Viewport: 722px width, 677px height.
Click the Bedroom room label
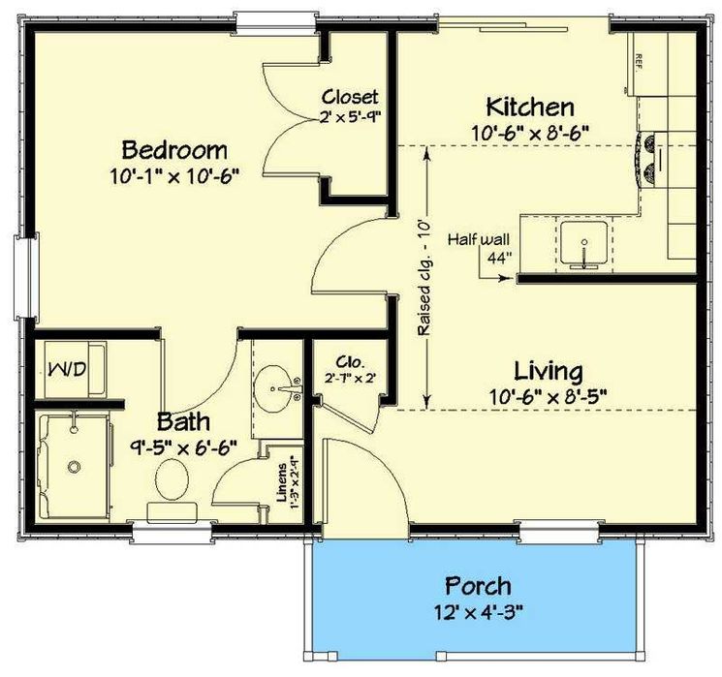(174, 150)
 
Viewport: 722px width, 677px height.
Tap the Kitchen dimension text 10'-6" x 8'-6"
(530, 134)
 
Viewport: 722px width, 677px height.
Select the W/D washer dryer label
(67, 369)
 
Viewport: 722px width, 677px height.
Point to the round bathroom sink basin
(273, 389)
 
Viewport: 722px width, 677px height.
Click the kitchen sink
(583, 245)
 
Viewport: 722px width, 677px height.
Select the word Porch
(478, 586)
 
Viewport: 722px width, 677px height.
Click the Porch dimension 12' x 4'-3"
(478, 612)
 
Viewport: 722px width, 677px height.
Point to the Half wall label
(479, 239)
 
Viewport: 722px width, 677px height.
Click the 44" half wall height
(500, 258)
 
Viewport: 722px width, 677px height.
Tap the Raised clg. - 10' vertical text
(424, 278)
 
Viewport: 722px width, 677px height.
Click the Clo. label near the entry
(351, 361)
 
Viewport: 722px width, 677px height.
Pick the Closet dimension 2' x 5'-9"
(351, 117)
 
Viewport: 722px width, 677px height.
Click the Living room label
(548, 371)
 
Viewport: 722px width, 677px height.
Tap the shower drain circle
(74, 467)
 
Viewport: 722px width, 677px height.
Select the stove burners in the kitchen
(650, 157)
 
